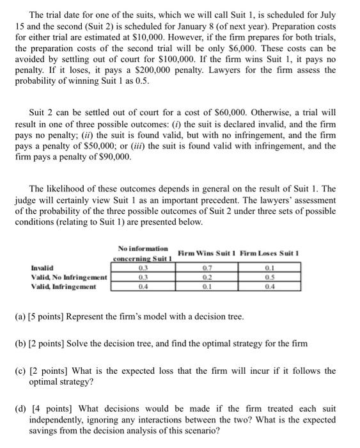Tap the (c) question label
(32, 371)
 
